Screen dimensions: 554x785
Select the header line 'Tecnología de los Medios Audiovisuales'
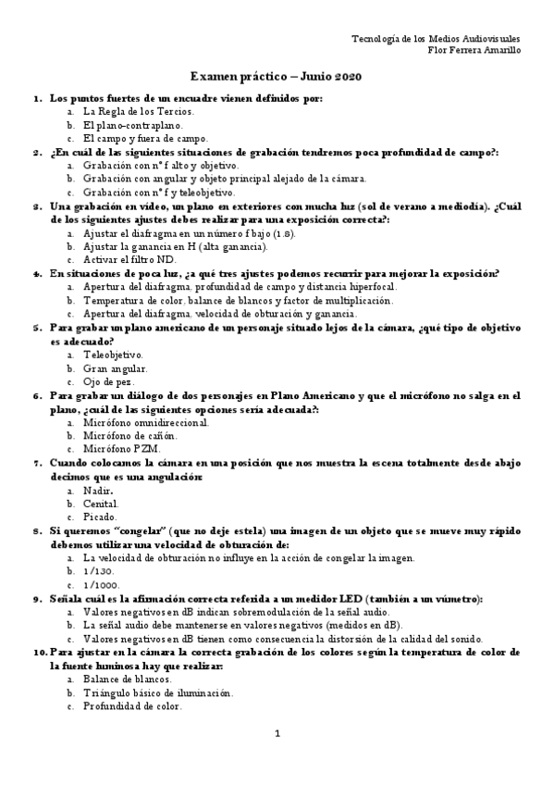[449, 38]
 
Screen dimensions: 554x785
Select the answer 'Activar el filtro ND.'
[129, 261]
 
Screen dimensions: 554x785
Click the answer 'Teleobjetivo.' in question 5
[113, 355]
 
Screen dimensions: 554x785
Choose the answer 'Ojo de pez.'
[109, 381]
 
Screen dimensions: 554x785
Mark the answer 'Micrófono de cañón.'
[130, 436]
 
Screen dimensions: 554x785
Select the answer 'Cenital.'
[102, 504]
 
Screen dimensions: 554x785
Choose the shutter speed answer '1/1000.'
[101, 585]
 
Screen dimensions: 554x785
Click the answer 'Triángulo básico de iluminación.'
[157, 693]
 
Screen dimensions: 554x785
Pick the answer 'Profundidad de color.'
[133, 707]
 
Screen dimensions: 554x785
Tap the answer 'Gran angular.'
[116, 368]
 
